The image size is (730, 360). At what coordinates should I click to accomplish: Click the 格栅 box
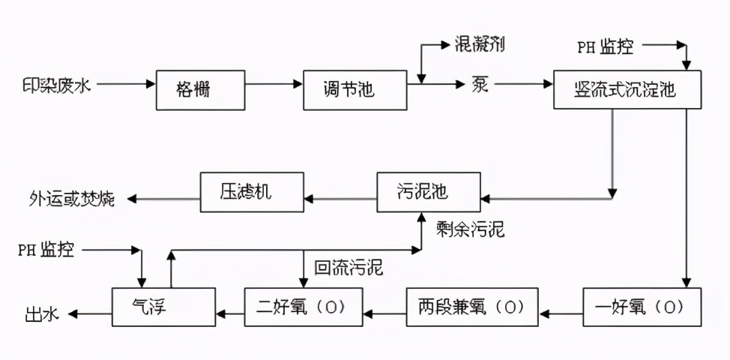(200, 89)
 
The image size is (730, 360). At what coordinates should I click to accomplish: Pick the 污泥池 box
(427, 193)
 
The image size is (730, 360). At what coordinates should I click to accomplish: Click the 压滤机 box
(252, 192)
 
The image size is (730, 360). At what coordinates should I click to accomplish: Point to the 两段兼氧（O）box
(472, 307)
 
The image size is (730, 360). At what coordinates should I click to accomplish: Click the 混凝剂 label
(480, 44)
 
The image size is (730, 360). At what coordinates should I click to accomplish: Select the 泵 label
(480, 85)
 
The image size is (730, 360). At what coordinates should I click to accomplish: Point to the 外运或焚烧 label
(73, 199)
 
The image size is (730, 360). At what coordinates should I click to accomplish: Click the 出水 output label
(40, 313)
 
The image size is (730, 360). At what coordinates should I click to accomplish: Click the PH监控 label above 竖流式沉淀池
(604, 47)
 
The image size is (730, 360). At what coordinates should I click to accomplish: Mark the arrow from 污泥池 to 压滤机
(341, 199)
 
